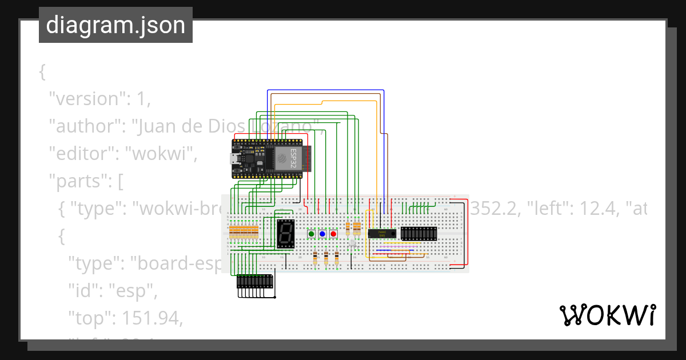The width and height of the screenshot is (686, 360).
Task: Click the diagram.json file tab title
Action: pyautogui.click(x=115, y=25)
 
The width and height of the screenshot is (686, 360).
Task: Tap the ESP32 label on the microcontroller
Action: pyautogui.click(x=294, y=158)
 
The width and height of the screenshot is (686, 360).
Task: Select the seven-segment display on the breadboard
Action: pyautogui.click(x=286, y=233)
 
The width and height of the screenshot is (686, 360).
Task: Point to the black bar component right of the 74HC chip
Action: pyautogui.click(x=419, y=233)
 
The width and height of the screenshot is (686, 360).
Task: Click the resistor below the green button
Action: pyautogui.click(x=316, y=258)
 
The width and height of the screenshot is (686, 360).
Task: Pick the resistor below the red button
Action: pyautogui.click(x=337, y=258)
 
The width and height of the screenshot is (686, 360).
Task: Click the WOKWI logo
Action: pyautogui.click(x=608, y=315)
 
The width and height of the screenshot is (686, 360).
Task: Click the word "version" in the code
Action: pyautogui.click(x=86, y=98)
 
